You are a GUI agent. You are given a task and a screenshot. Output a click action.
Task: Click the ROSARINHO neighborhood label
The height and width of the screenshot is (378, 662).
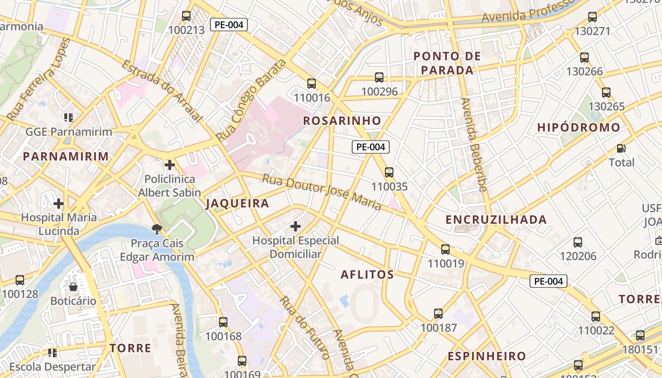click(x=342, y=120)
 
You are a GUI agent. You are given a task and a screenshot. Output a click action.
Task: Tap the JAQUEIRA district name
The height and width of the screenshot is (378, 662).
click(x=237, y=204)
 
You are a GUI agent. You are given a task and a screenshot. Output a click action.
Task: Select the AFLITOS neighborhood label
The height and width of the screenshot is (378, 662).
click(x=367, y=275)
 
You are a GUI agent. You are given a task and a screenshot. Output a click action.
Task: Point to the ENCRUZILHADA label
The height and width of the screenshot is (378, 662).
click(x=496, y=220)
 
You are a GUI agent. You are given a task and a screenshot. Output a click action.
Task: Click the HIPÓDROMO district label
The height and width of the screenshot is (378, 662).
click(x=579, y=128)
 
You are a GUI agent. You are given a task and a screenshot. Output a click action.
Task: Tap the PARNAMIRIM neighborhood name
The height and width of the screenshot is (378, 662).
click(x=66, y=156)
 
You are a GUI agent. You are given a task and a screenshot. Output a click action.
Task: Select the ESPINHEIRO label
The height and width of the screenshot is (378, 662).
click(x=487, y=356)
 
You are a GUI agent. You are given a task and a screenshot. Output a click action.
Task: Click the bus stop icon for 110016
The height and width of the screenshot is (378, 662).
click(x=312, y=84)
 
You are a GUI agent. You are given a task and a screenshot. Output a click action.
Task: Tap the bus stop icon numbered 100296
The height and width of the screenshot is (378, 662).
click(x=379, y=77)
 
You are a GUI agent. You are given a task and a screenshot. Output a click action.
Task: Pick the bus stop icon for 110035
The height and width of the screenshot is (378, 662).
click(x=389, y=172)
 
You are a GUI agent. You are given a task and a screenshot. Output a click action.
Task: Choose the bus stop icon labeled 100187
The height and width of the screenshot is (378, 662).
click(x=438, y=314)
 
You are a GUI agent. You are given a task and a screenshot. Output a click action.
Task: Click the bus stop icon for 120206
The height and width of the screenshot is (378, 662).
click(x=578, y=242)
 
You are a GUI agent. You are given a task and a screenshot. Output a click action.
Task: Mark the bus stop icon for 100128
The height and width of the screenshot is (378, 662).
click(x=20, y=280)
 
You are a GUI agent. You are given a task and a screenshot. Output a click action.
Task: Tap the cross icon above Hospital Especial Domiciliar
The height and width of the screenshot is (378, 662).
click(x=296, y=226)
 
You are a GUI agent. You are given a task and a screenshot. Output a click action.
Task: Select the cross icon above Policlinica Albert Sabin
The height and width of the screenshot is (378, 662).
click(x=169, y=165)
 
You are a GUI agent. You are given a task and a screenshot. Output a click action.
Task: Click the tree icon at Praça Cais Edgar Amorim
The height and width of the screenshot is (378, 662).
click(x=157, y=230)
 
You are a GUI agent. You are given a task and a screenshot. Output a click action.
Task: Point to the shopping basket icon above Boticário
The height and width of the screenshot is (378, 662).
click(x=73, y=287)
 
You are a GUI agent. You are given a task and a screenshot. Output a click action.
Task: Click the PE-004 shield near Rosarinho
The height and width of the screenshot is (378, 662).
click(x=371, y=147)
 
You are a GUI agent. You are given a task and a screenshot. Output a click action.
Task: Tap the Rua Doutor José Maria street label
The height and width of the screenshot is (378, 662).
click(x=322, y=192)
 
